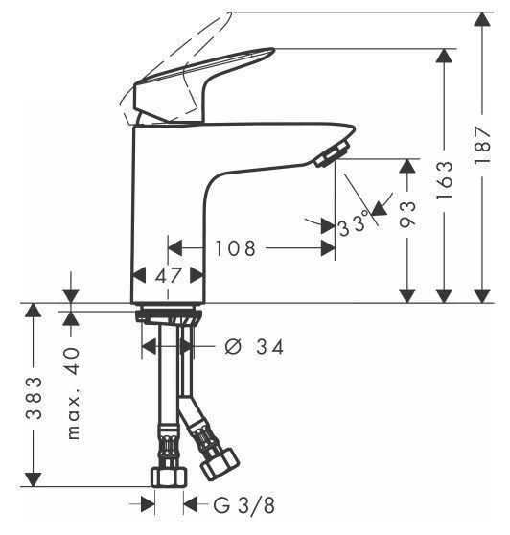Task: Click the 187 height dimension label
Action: click(482, 146)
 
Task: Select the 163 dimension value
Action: click(445, 180)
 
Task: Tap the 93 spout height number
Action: click(407, 214)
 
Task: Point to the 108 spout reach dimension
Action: click(236, 248)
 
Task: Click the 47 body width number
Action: click(168, 275)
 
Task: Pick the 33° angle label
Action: click(354, 223)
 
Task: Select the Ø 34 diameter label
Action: click(254, 347)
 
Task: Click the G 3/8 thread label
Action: click(244, 505)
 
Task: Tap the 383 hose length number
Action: click(35, 398)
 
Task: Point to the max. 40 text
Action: click(73, 393)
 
